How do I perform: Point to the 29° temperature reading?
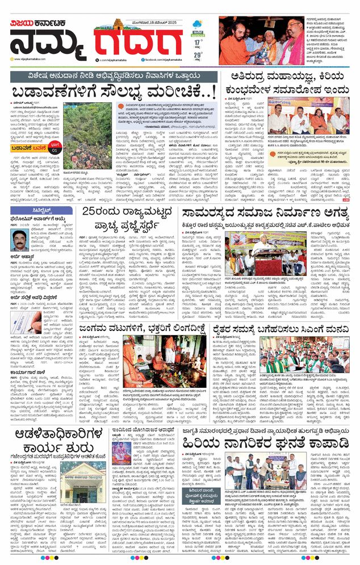(197, 56)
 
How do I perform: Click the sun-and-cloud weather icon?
(198, 24)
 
